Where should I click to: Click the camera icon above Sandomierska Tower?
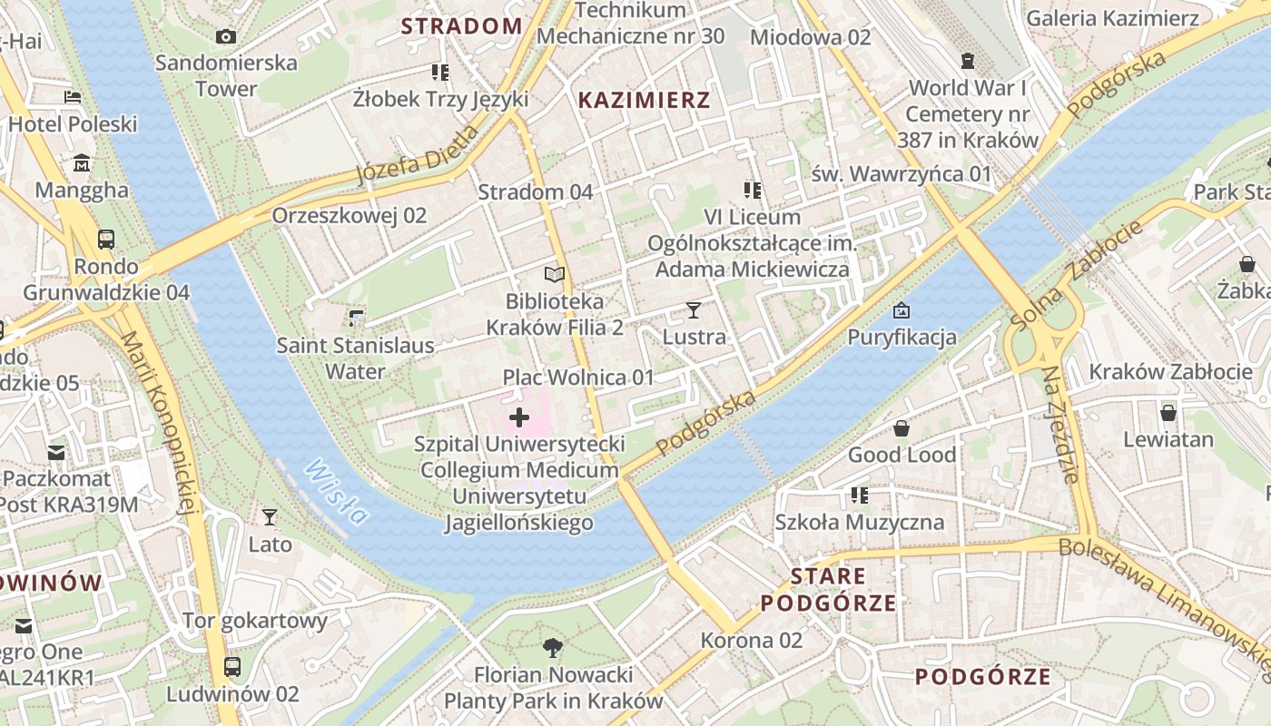[226, 36]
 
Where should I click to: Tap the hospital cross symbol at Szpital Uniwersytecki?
[519, 417]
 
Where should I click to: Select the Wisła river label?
[337, 492]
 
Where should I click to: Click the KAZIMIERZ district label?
[645, 100]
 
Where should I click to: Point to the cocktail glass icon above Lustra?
[694, 310]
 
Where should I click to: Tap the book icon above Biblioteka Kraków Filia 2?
[555, 274]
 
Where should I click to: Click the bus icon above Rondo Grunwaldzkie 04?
[106, 240]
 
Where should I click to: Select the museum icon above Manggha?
[83, 163]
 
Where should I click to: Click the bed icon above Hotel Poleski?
[73, 97]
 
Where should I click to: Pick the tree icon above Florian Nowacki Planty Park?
[552, 648]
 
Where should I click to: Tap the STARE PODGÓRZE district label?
[828, 589]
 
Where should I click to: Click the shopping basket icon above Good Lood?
[902, 428]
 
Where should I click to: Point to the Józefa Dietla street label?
[417, 154]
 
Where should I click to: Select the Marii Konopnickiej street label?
[159, 422]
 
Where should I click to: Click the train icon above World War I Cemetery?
[968, 61]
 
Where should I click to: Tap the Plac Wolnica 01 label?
[578, 378]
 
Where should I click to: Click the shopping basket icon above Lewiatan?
[1168, 413]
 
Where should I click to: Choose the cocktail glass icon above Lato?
[270, 517]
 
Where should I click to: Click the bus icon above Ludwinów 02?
[232, 667]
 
